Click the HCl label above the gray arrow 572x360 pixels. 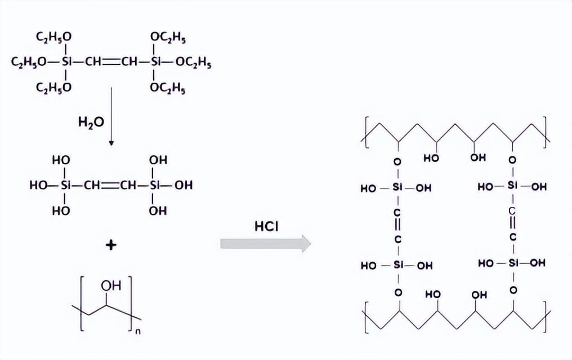(x=266, y=227)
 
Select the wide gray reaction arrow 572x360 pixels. (x=266, y=244)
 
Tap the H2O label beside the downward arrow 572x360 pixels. (x=91, y=122)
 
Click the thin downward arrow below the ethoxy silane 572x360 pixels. (x=111, y=116)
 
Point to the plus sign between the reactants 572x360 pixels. (x=111, y=245)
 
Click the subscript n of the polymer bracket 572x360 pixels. (x=138, y=331)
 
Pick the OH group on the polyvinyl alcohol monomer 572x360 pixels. (x=111, y=285)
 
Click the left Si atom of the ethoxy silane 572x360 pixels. (x=66, y=62)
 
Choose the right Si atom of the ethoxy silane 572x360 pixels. (x=156, y=62)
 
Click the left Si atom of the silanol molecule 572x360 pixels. (x=65, y=186)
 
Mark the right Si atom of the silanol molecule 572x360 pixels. (x=155, y=186)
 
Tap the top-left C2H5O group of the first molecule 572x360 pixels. (x=53, y=37)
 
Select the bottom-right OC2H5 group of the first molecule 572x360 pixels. (x=168, y=88)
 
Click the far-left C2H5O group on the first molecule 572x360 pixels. (x=29, y=62)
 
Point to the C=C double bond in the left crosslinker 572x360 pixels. (x=397, y=226)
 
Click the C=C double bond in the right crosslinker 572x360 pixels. (x=512, y=224)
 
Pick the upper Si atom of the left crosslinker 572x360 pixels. (x=397, y=187)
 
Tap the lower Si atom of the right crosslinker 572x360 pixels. (x=513, y=262)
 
